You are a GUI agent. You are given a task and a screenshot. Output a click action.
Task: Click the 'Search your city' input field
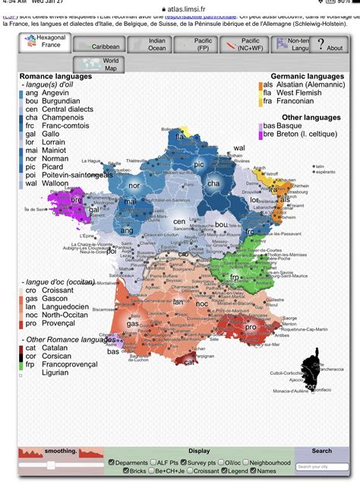pyautogui.click(x=321, y=467)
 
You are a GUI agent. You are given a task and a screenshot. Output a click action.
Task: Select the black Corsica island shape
pyautogui.click(x=310, y=372)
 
